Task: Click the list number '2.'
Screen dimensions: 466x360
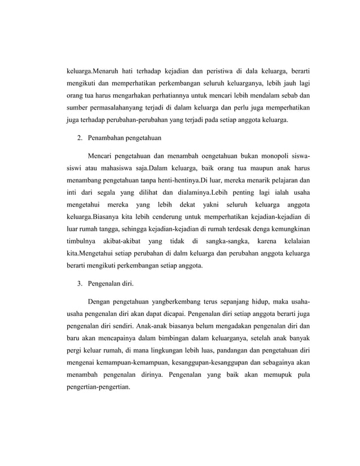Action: pos(81,137)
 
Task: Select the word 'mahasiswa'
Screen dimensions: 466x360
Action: pos(114,168)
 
